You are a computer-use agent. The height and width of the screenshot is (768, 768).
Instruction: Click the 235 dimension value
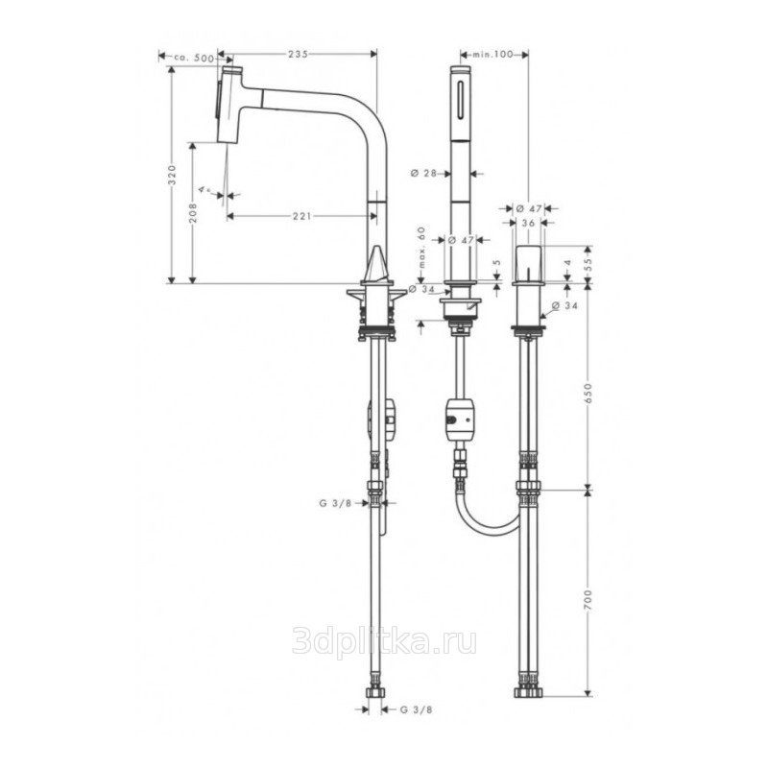[298, 55]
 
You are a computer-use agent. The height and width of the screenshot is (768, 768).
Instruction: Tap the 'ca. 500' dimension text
[194, 58]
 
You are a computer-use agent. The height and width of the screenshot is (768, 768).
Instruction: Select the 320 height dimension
[172, 175]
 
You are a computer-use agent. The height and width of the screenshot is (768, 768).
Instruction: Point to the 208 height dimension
[194, 213]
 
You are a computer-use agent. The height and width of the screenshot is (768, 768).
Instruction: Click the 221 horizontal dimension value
[302, 216]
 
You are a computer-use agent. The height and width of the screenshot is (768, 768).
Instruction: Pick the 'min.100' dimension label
[492, 55]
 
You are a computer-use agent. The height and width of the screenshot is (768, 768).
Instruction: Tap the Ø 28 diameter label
[423, 173]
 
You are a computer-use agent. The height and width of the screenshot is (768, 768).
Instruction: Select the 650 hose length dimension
[588, 394]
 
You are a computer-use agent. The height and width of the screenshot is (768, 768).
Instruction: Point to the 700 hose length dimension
[588, 600]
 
